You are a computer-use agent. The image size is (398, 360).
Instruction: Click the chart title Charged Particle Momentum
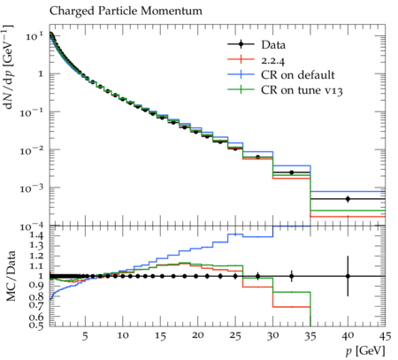coord(126,11)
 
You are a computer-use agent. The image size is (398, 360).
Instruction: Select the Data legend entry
coord(256,45)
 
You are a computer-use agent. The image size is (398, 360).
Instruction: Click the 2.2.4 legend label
coord(273,60)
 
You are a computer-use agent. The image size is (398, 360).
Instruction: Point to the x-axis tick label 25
coord(235,336)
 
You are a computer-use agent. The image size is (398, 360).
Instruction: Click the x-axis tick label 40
coord(348,336)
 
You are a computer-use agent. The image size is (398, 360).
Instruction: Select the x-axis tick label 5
coord(85,336)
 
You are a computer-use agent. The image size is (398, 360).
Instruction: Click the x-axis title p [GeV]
coord(365,351)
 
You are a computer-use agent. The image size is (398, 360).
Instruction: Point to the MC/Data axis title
coord(11,276)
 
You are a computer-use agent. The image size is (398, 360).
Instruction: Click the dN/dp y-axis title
coord(9,67)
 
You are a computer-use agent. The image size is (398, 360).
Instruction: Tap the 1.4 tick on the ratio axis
coord(36,235)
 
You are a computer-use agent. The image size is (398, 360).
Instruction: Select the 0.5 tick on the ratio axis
coord(36,326)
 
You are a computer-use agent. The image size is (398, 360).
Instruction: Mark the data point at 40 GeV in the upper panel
coord(348,199)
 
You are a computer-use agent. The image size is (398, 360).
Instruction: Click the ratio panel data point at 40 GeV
coord(348,276)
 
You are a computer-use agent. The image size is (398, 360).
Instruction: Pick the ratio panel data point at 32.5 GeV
coord(292,276)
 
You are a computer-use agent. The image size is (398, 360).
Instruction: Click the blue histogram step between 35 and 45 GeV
coord(348,192)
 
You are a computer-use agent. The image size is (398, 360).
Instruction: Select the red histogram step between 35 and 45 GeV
coord(348,217)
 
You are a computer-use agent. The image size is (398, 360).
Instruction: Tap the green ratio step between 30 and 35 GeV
coord(292,292)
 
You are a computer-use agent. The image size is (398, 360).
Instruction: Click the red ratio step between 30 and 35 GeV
coord(292,307)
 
